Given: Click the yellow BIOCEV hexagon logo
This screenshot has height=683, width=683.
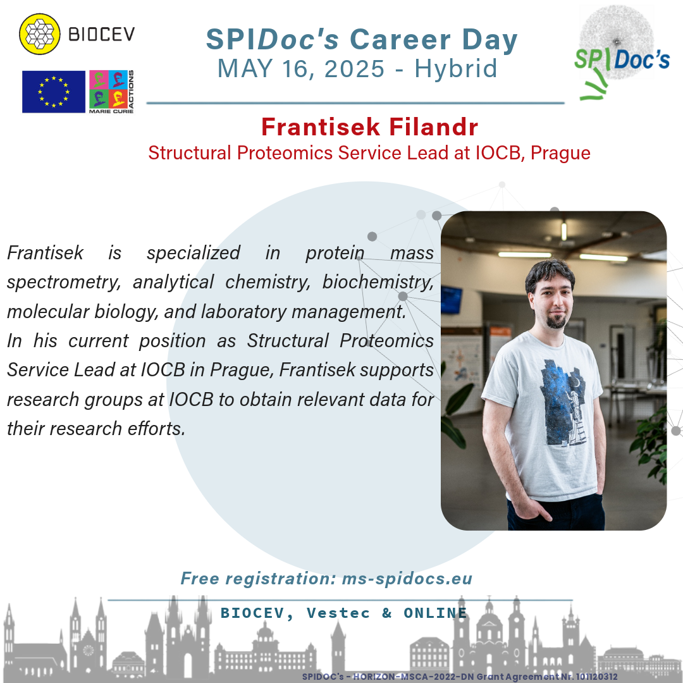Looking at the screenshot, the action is pyautogui.click(x=40, y=34).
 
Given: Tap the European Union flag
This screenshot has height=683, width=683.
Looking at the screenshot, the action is pyautogui.click(x=54, y=92).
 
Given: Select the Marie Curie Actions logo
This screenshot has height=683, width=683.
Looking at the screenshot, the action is pyautogui.click(x=111, y=92).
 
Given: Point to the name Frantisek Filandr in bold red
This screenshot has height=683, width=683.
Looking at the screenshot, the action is pyautogui.click(x=369, y=126).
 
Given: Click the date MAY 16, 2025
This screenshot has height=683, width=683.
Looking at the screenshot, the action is pyautogui.click(x=301, y=69).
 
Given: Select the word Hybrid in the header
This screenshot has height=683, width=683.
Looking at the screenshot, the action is pyautogui.click(x=455, y=68).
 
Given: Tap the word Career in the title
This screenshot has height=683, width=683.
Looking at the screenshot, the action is pyautogui.click(x=400, y=39).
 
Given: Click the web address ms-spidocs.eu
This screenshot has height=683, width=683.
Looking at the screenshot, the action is pyautogui.click(x=407, y=579).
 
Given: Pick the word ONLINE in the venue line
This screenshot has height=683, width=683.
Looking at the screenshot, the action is pyautogui.click(x=435, y=613).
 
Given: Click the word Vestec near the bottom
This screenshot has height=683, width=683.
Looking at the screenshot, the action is pyautogui.click(x=338, y=613).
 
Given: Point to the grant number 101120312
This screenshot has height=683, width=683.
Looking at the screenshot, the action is pyautogui.click(x=596, y=677).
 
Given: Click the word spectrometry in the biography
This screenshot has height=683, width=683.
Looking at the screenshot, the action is pyautogui.click(x=64, y=282).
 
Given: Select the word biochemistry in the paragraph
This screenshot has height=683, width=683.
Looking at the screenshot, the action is pyautogui.click(x=378, y=282).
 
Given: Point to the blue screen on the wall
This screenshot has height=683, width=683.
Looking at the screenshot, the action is pyautogui.click(x=452, y=300).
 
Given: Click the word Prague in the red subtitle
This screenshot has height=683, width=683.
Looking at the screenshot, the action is pyautogui.click(x=560, y=153).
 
